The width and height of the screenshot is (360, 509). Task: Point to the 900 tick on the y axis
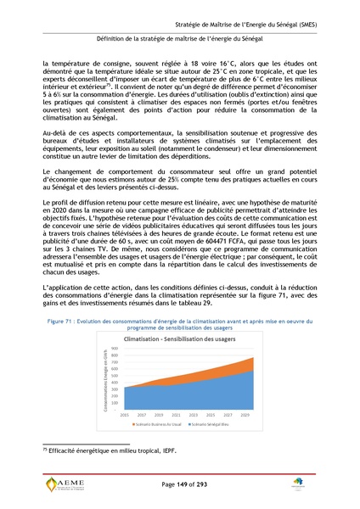[x=116, y=371]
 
